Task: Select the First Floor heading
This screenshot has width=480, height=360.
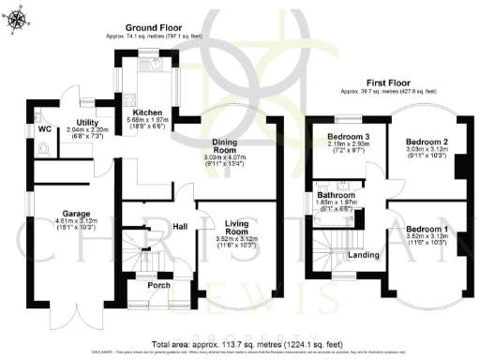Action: click(388, 83)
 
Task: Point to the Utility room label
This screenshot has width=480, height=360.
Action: click(89, 123)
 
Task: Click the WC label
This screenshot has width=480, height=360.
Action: click(45, 128)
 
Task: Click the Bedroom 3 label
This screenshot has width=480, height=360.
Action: click(346, 137)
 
